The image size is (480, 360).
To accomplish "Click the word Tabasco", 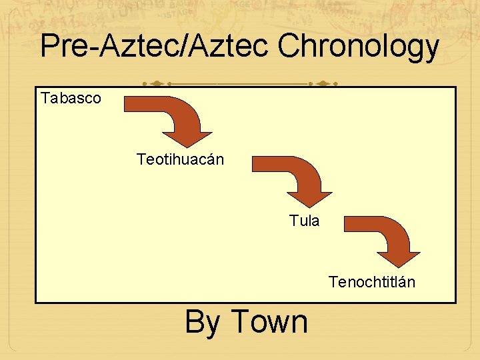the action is click(x=71, y=99).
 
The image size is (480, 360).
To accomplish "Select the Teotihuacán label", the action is click(x=180, y=160).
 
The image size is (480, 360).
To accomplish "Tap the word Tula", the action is click(x=305, y=221).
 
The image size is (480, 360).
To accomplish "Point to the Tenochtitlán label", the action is click(x=371, y=282).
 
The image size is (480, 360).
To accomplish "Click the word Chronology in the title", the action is click(x=358, y=47).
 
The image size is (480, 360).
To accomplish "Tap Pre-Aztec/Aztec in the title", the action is click(x=154, y=47).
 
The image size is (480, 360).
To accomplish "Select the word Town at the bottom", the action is click(x=269, y=322).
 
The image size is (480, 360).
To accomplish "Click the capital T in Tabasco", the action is click(x=45, y=99).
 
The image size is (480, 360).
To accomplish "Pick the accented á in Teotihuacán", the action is click(x=208, y=160).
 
